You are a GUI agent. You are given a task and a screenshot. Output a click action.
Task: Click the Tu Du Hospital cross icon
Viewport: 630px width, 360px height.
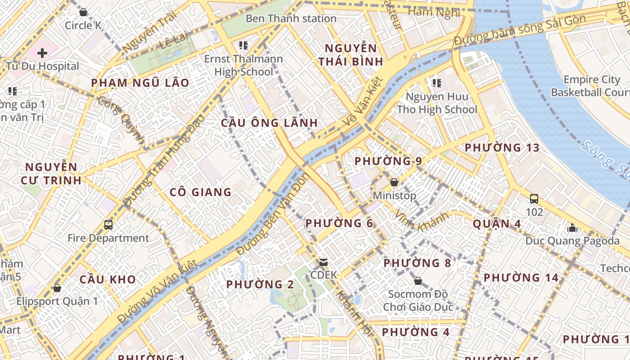click(42, 53)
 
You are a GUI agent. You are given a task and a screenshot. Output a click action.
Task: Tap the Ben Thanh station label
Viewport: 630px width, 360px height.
click(291, 18)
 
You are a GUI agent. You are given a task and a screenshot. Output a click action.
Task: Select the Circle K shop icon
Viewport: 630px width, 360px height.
click(83, 12)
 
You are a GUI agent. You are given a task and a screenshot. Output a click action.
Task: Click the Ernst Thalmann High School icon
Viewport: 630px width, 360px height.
click(243, 45)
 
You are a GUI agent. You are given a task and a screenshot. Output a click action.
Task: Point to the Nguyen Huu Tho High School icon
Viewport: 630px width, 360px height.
click(436, 83)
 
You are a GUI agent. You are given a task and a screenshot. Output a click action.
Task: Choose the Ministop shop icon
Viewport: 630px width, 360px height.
click(394, 182)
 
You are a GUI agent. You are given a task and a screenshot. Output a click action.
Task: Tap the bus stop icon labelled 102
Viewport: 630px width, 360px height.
click(534, 198)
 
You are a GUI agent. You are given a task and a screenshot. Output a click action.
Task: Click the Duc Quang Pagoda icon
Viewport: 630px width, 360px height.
click(572, 228)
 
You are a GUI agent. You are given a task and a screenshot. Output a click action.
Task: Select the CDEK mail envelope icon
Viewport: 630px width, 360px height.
click(323, 262)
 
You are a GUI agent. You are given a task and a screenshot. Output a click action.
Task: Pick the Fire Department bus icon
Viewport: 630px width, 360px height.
click(108, 225)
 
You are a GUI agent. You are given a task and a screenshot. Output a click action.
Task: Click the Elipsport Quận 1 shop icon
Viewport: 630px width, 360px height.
click(57, 288)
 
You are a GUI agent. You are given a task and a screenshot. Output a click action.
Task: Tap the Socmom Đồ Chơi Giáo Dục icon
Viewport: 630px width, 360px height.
click(418, 281)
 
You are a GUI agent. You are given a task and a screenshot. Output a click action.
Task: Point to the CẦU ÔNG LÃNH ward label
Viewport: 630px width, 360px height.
click(270, 123)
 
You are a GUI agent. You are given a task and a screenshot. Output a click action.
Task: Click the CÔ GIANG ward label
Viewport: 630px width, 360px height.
click(201, 192)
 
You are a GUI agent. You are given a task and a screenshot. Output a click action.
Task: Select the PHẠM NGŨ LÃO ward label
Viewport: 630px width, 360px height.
click(140, 83)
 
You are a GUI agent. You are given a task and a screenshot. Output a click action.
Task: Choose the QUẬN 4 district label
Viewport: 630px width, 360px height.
click(497, 224)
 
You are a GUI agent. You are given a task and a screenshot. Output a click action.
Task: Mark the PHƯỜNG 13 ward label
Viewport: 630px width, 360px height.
click(502, 148)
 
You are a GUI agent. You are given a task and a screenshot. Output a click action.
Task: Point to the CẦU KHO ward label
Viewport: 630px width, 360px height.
click(108, 279)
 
